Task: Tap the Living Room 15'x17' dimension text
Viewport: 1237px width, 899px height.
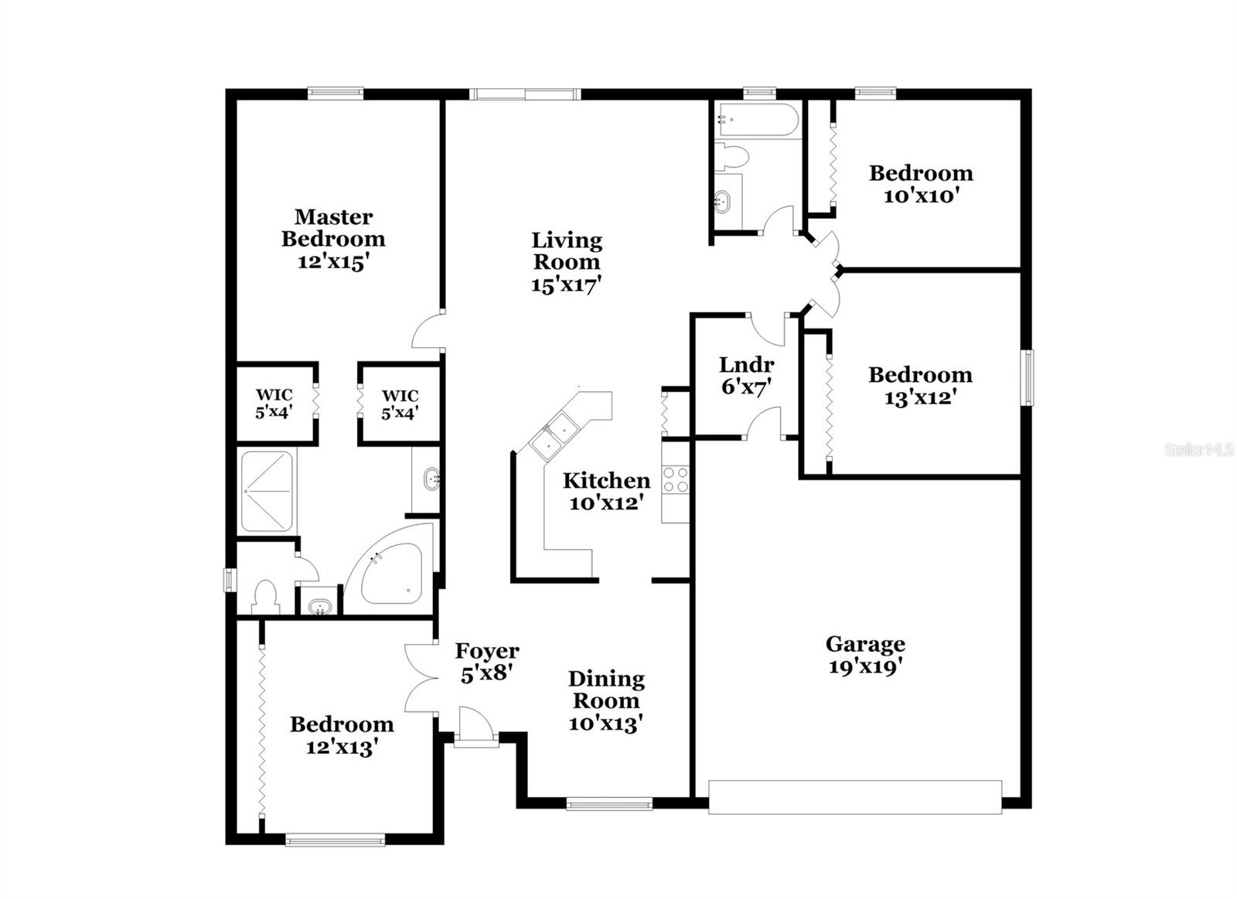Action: [566, 284]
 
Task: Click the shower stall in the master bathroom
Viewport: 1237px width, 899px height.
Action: [267, 492]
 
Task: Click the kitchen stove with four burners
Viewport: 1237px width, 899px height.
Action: [675, 480]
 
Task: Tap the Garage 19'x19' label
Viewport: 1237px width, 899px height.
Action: [865, 644]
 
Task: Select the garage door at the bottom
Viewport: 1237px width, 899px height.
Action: [855, 797]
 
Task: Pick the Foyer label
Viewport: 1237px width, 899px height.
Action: [486, 651]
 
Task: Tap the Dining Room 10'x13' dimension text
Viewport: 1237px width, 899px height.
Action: [606, 724]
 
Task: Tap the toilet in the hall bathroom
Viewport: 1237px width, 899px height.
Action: [732, 157]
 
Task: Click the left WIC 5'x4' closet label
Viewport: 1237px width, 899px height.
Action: [274, 404]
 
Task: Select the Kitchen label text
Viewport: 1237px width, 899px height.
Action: [606, 481]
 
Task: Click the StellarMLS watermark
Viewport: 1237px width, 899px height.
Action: [1198, 449]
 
